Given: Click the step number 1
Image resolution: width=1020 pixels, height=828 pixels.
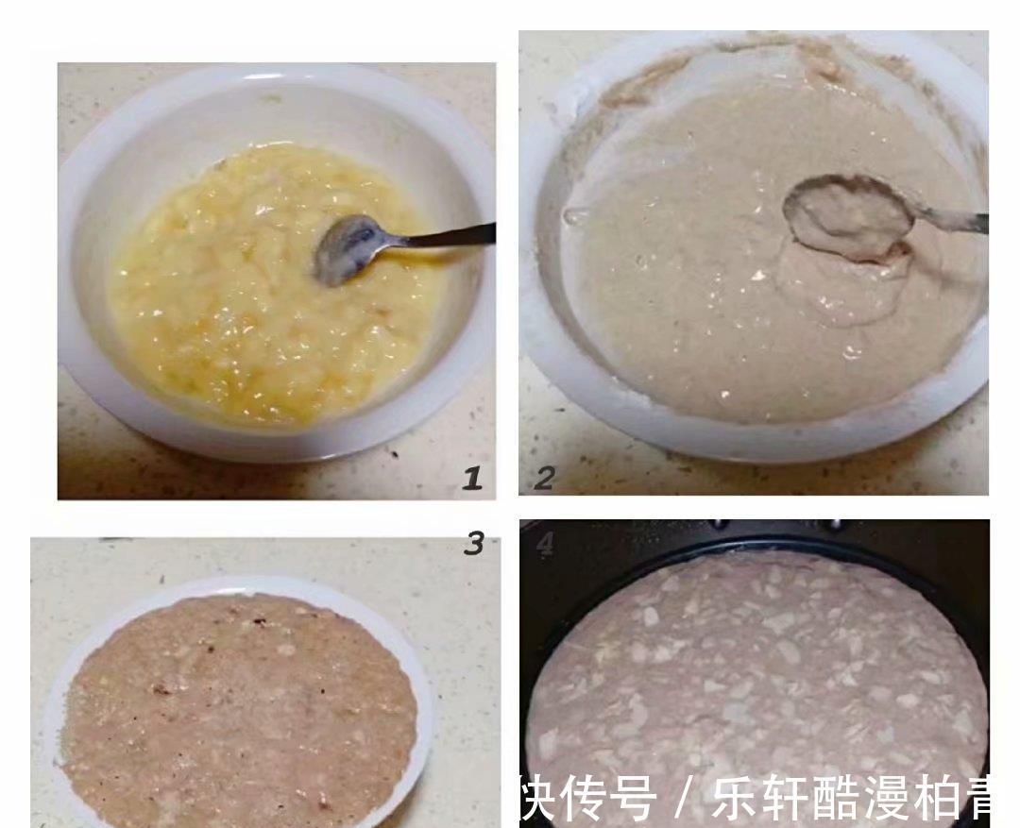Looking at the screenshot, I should [x=472, y=479].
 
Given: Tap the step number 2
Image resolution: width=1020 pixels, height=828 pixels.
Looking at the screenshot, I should [x=543, y=479].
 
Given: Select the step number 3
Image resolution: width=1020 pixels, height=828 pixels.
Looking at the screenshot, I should [x=474, y=543].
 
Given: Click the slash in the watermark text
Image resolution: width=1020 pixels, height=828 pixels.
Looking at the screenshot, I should [x=683, y=800].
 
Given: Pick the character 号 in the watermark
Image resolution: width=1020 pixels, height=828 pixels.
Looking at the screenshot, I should [x=631, y=800].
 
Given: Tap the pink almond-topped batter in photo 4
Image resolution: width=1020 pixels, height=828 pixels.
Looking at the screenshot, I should [x=756, y=661].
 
